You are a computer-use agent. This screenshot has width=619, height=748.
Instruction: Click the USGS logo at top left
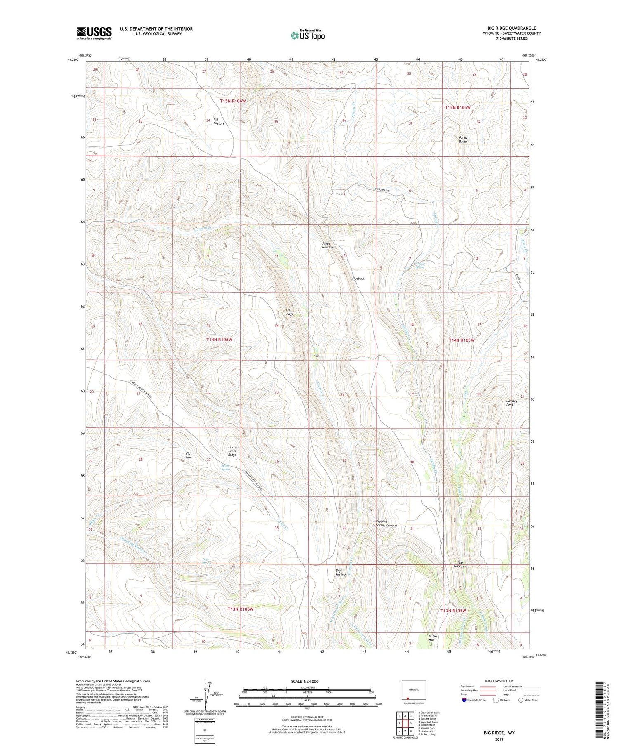[x=94, y=33]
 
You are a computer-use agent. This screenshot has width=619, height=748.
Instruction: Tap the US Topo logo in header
[x=308, y=35]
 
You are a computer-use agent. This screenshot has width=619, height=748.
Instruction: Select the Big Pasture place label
[x=219, y=121]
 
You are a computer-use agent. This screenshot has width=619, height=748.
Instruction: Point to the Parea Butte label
[x=463, y=139]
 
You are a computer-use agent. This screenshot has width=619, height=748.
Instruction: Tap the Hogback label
[x=358, y=278]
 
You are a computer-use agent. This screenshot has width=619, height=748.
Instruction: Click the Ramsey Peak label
[x=512, y=403]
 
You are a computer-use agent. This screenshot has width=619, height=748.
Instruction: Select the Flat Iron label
[x=189, y=455]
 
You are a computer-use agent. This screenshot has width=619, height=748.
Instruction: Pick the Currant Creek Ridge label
[x=234, y=451]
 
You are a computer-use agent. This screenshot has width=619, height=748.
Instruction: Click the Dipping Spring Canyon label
[x=386, y=523]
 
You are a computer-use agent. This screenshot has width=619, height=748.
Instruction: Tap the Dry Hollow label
[x=340, y=573]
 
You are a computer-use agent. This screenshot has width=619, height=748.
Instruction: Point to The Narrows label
[x=461, y=564]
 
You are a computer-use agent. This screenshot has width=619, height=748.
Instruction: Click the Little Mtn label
[x=432, y=638]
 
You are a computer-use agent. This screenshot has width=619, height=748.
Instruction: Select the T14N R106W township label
[x=219, y=340]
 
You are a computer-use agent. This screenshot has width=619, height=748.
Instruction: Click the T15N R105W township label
[x=457, y=107]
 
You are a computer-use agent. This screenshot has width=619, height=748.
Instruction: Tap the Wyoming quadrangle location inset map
[x=414, y=691]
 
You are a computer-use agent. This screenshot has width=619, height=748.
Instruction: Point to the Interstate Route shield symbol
[x=464, y=700]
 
